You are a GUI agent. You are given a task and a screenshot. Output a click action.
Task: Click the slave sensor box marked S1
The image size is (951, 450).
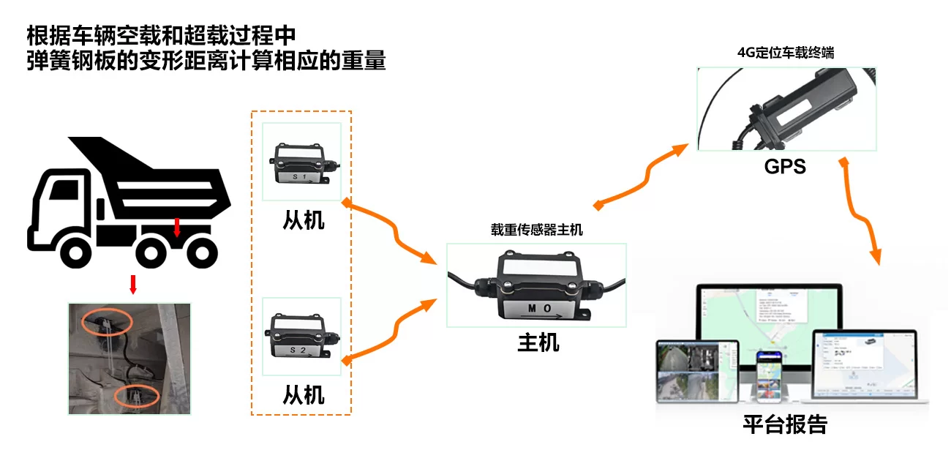(x=301, y=164)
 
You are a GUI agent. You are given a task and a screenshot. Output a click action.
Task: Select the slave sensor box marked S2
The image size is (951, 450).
(x=301, y=337)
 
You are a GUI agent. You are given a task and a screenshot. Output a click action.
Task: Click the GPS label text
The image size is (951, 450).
(x=784, y=166)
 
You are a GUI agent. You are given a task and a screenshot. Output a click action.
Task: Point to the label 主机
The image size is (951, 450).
(x=538, y=342)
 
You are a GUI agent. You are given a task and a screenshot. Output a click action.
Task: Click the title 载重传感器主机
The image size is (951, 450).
(x=537, y=229)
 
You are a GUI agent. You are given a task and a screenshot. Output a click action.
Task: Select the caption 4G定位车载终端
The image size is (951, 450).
(x=786, y=53)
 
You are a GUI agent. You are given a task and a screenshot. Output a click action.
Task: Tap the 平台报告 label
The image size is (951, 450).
(x=785, y=425)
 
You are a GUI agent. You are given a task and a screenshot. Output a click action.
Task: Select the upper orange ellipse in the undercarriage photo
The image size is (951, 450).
(x=107, y=320)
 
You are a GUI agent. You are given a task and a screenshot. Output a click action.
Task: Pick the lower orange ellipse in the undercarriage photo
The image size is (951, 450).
(x=137, y=396)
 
